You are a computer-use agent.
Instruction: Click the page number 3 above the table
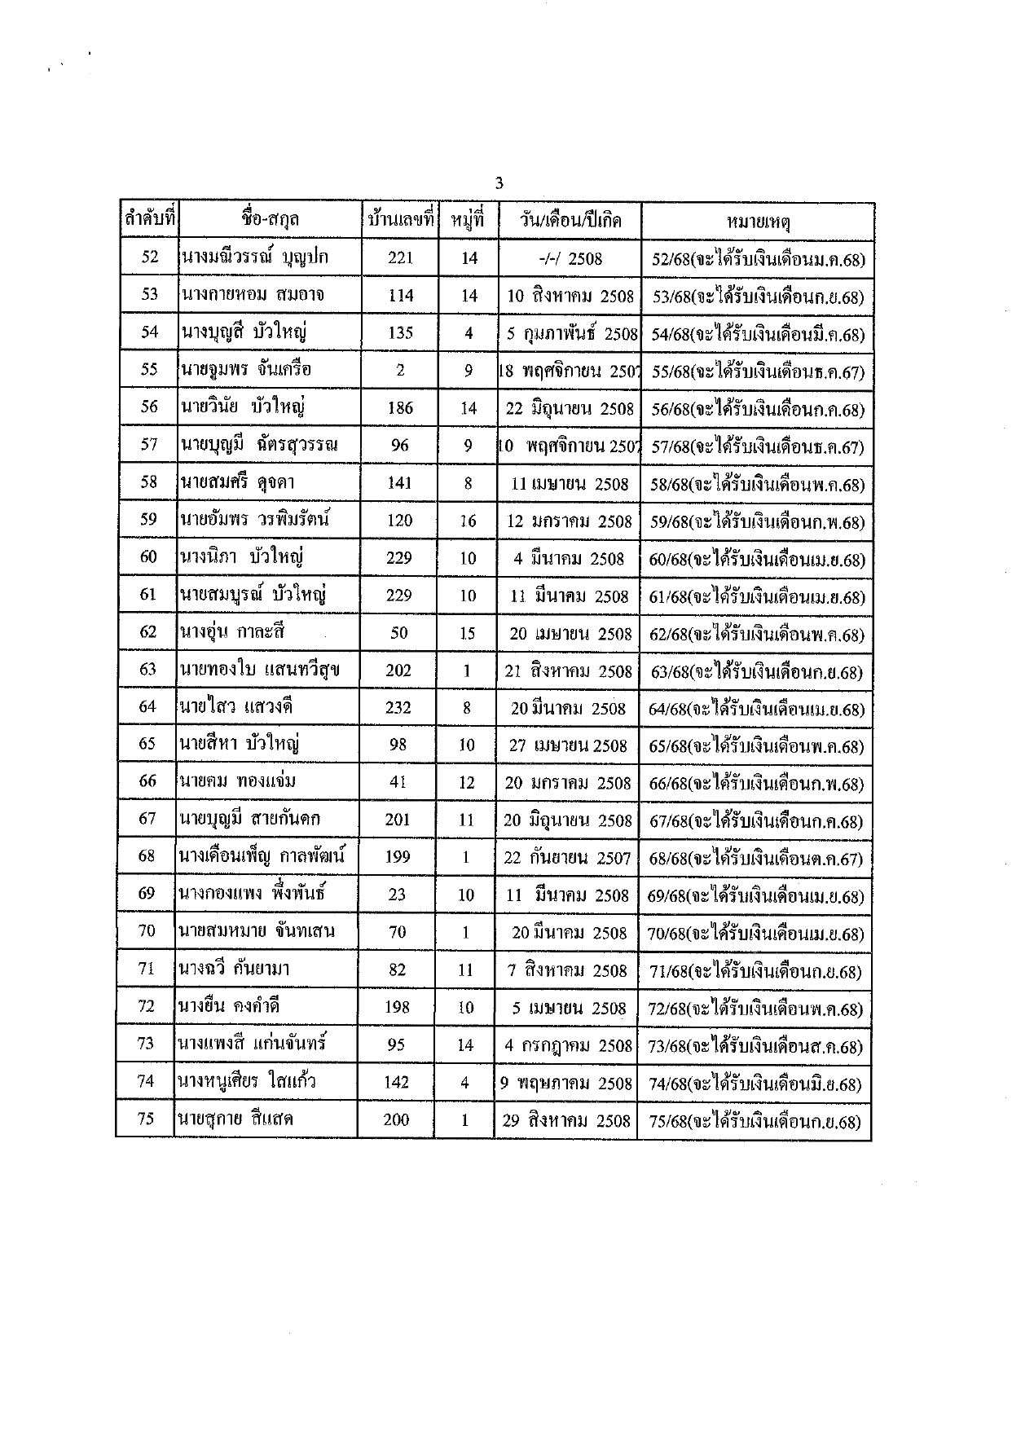coord(499,183)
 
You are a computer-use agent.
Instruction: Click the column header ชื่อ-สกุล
coord(270,220)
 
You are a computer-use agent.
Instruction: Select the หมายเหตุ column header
coord(758,221)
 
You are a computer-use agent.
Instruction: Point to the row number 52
coord(150,257)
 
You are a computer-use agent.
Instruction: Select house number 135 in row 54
coord(401,332)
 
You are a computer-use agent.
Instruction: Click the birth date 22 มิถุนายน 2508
coord(570,408)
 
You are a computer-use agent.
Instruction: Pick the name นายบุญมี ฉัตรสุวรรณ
coord(259,446)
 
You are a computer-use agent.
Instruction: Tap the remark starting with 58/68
coord(757,485)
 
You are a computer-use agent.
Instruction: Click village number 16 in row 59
coord(468,521)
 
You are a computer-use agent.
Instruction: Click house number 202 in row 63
coord(398,671)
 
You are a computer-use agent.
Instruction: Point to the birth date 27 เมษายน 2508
coord(568,745)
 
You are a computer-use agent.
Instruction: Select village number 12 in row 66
coord(466,782)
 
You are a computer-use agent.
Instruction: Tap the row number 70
coord(147,931)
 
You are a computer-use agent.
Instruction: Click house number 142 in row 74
coord(396,1083)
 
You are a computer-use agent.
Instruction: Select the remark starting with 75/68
coord(755,1121)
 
